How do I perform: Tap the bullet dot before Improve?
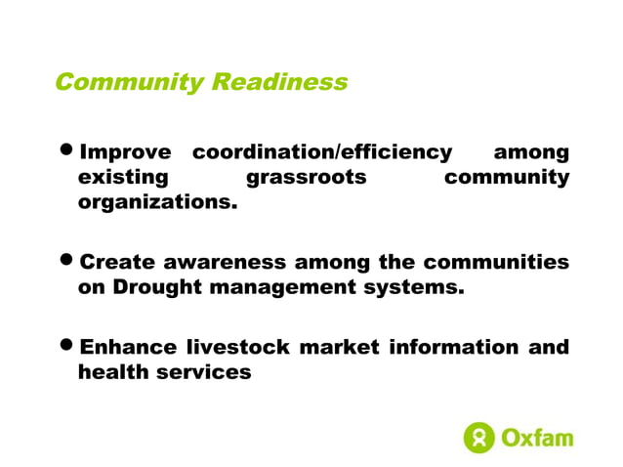[x=66, y=152]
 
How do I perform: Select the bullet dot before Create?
[x=66, y=263]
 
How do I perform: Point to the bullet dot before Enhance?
[x=66, y=348]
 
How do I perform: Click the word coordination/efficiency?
[x=322, y=152]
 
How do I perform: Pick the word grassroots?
[x=307, y=178]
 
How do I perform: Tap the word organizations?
[x=157, y=204]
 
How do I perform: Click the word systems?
[x=415, y=288]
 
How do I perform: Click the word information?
[x=455, y=348]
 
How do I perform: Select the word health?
[x=109, y=372]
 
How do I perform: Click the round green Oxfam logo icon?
[x=478, y=438]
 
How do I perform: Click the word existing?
[x=122, y=178]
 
